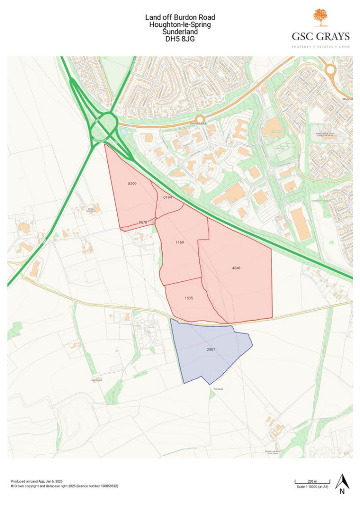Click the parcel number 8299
point(132,184)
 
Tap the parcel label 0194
point(167,197)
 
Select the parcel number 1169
point(180,242)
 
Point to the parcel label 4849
point(236,268)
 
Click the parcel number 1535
point(188,298)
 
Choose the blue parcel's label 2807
point(211,350)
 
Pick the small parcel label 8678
point(143,222)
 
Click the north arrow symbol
point(342,483)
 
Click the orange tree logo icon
point(321,17)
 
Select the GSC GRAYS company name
point(321,36)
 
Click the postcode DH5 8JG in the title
point(180,38)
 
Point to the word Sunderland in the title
point(180,31)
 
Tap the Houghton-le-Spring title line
point(180,25)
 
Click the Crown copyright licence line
point(64,486)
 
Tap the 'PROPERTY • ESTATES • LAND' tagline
point(321,47)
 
